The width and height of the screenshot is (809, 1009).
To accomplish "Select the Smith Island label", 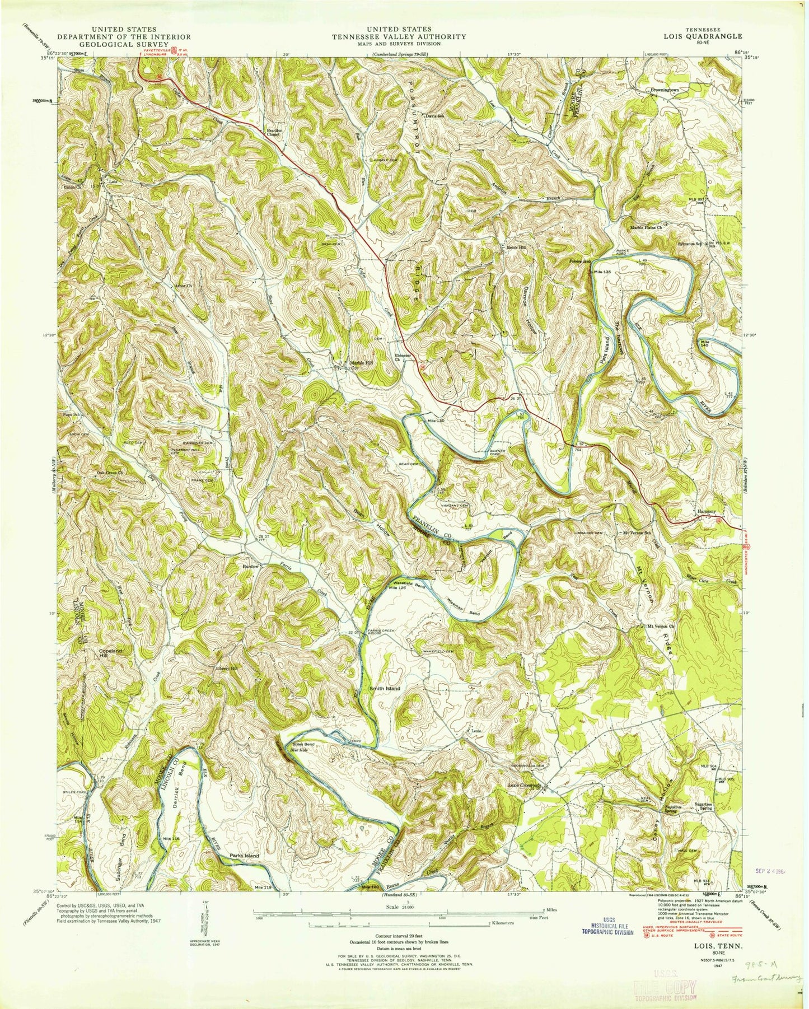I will (x=384, y=688).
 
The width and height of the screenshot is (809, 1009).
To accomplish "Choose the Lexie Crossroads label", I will (x=525, y=786).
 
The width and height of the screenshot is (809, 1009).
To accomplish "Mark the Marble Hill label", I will (x=361, y=362).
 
